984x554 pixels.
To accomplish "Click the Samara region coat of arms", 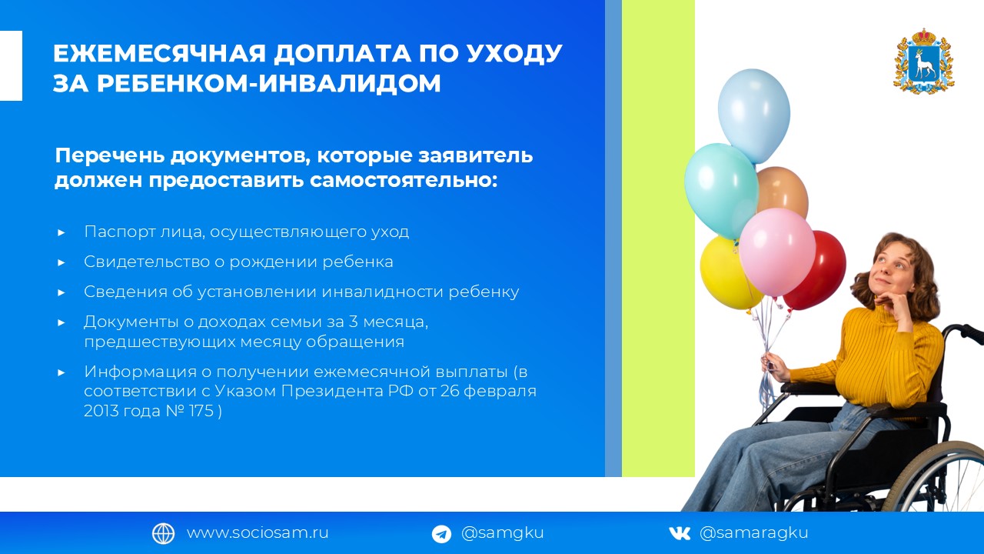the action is coord(924,61).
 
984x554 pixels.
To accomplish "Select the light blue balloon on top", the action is coord(754,115).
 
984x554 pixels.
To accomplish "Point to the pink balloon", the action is coord(776,252).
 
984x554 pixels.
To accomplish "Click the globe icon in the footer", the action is coord(164,533).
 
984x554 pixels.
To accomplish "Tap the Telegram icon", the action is coord(441,534).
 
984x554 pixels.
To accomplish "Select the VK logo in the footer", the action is coord(679,533).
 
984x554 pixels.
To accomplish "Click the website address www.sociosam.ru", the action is coord(258,533).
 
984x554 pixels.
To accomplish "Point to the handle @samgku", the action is coord(503,534).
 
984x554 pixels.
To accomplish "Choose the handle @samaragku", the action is coord(754,534).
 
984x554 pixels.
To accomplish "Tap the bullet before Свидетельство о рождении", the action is coord(61,262).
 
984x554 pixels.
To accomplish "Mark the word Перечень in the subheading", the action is coord(109,155).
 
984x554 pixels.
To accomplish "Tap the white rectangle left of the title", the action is coord(11,66).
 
